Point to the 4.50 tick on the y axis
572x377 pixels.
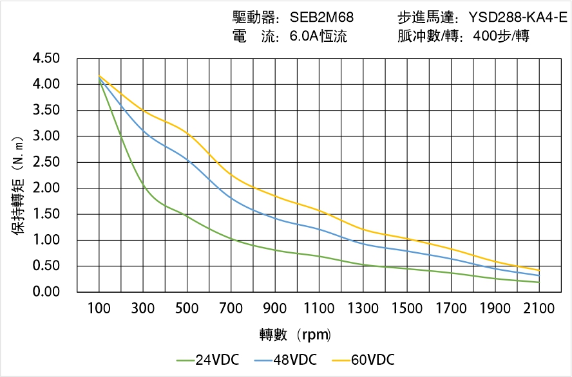pos(46,59)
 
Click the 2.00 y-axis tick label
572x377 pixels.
pos(46,188)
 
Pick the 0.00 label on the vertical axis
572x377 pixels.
pos(46,292)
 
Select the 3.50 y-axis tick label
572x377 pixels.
pos(46,111)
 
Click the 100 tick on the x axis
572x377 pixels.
pos(99,309)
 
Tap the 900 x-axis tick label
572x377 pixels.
pos(275,309)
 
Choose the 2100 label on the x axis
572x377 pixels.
pos(539,309)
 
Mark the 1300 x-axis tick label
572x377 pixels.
pos(363,309)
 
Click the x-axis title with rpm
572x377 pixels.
pos(295,335)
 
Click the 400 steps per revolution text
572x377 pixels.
pos(500,37)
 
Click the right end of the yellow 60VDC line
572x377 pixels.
pos(539,270)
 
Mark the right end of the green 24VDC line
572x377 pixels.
pos(539,282)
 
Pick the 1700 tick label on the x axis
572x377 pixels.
pos(451,309)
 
